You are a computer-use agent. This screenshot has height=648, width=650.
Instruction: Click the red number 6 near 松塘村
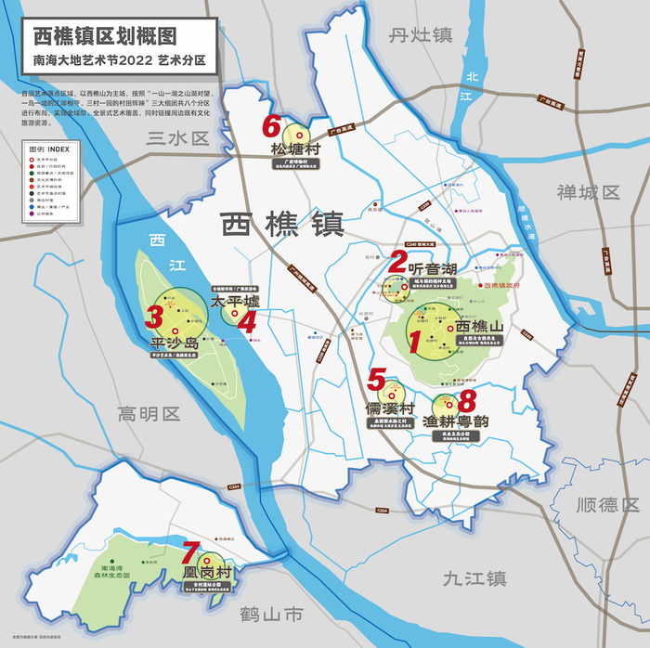click(x=271, y=125)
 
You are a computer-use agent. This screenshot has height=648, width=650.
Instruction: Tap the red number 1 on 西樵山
click(x=415, y=342)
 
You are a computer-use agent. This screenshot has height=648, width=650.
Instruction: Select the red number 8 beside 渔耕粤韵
click(x=467, y=401)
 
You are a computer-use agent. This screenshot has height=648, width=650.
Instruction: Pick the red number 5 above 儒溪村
click(x=376, y=379)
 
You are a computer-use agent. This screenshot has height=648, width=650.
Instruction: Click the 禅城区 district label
click(x=588, y=192)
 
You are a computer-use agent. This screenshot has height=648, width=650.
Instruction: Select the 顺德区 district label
click(x=607, y=505)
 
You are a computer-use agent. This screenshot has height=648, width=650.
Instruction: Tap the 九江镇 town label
click(x=474, y=578)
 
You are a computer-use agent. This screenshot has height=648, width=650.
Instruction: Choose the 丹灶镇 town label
click(x=420, y=35)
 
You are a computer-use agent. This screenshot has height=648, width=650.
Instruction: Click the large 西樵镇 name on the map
click(x=282, y=225)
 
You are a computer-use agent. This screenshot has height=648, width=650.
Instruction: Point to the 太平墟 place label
click(x=232, y=303)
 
